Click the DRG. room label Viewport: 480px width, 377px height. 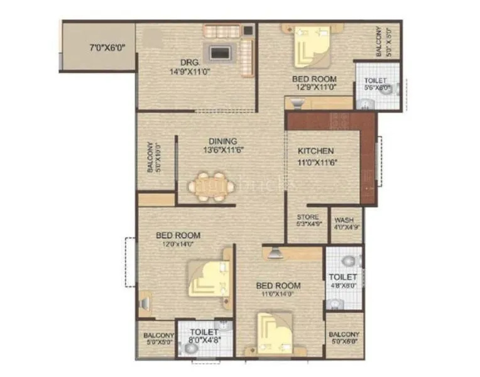pyautogui.click(x=190, y=63)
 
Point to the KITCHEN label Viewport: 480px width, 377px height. pyautogui.click(x=315, y=151)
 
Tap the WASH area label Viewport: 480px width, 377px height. pyautogui.click(x=344, y=220)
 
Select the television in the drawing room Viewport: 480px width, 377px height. pyautogui.click(x=219, y=52)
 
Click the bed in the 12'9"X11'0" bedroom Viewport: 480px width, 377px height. pyautogui.click(x=312, y=45)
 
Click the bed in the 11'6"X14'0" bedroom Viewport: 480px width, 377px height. pyautogui.click(x=275, y=332)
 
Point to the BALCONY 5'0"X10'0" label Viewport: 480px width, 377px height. pyautogui.click(x=150, y=157)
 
